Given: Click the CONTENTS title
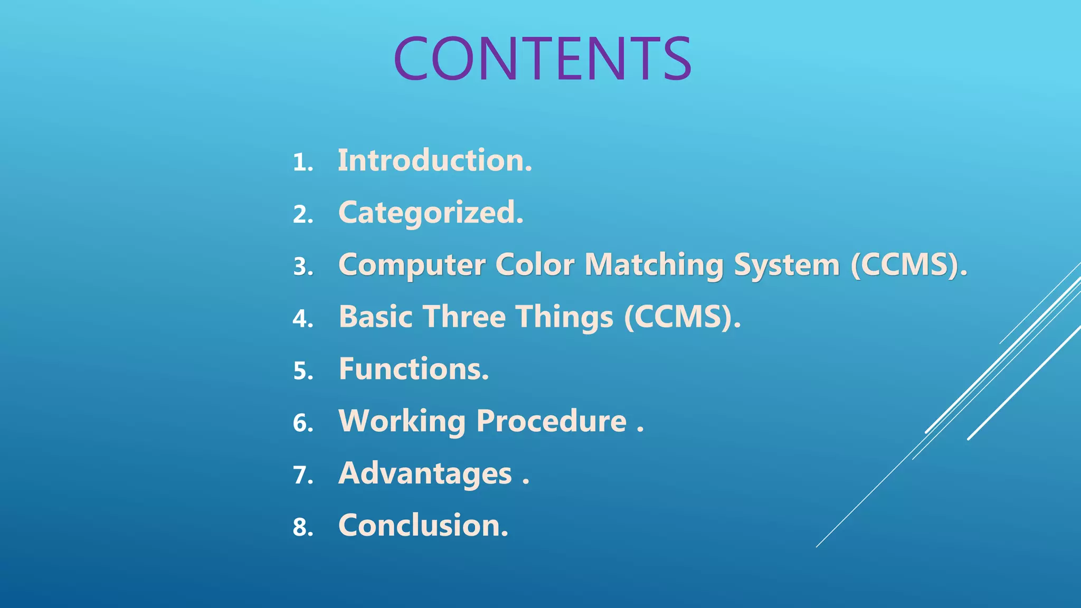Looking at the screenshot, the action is [542, 59].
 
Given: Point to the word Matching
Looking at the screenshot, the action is [654, 265].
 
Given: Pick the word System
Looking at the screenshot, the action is [786, 265].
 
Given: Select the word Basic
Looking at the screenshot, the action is [375, 317].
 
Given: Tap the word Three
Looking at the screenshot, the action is [464, 317].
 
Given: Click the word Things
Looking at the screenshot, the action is [564, 317].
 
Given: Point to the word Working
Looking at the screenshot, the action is [402, 421].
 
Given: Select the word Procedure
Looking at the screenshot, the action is [552, 421].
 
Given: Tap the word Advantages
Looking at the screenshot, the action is [425, 473].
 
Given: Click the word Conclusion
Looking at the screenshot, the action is [423, 526].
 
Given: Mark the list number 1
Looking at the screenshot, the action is [302, 162].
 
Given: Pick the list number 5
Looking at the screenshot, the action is [302, 371].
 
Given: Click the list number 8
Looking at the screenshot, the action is [302, 528].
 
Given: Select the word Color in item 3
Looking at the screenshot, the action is [534, 265].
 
